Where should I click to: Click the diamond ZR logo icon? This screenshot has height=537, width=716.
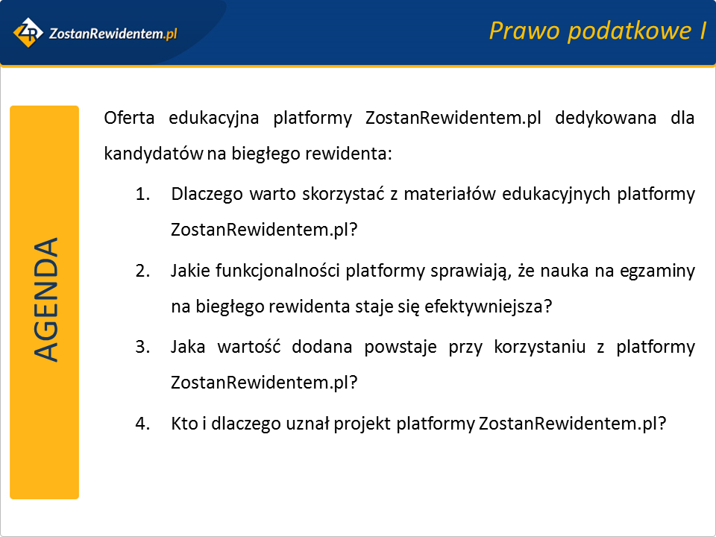[28, 32]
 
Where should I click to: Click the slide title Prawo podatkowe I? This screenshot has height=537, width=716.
[597, 31]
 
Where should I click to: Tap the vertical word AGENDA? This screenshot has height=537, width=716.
[45, 300]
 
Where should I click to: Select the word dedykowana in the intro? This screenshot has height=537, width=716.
[606, 118]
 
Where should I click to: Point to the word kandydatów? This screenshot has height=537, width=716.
[154, 154]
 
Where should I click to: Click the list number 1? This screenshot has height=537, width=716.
[142, 194]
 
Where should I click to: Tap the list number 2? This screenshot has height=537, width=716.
[142, 271]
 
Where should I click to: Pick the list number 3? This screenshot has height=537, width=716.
[142, 347]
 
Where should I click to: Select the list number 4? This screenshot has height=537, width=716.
[142, 424]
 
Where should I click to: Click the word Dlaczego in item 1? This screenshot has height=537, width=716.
[207, 195]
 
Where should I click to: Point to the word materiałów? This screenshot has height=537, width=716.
[449, 194]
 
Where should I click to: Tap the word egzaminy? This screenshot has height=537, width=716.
[657, 271]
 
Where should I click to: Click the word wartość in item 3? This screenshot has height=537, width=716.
[248, 347]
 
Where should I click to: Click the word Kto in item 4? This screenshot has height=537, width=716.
[184, 424]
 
